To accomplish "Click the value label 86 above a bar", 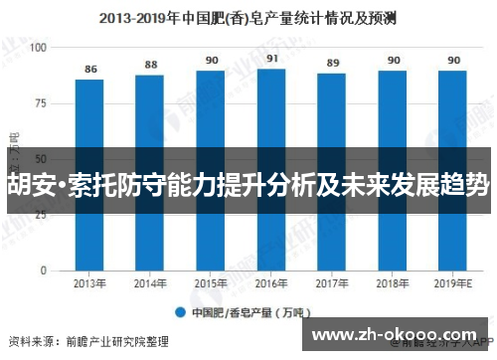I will pyautogui.click(x=91, y=70).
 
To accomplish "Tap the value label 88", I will pyautogui.click(x=151, y=65).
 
